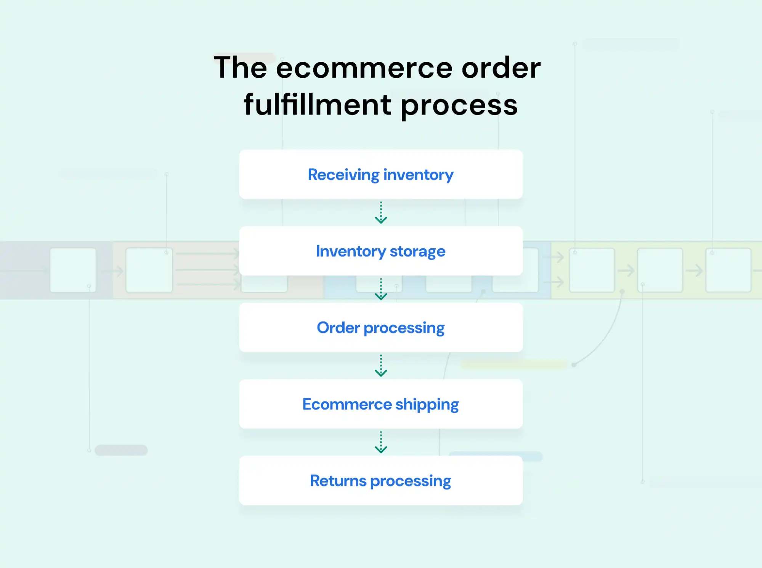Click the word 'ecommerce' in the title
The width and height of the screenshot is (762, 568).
364,68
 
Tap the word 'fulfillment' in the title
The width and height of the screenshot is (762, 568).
318,105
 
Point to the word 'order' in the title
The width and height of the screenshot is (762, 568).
501,68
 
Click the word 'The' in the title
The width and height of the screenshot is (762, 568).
240,68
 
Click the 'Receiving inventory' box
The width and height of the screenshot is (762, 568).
381,174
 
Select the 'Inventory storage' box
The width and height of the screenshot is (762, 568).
381,251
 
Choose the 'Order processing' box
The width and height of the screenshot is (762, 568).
381,327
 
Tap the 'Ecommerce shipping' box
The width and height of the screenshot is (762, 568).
381,404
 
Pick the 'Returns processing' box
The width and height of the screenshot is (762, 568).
381,481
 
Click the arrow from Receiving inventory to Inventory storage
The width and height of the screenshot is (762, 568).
381,213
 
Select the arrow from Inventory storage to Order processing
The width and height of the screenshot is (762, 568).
381,289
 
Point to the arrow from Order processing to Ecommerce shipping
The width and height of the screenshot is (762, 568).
381,366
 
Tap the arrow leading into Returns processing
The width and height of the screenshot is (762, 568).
381,442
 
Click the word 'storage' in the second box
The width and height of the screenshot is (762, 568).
417,252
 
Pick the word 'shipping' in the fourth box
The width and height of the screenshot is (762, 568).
427,405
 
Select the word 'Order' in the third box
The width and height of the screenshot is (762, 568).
338,328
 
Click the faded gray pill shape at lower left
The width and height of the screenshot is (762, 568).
121,450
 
